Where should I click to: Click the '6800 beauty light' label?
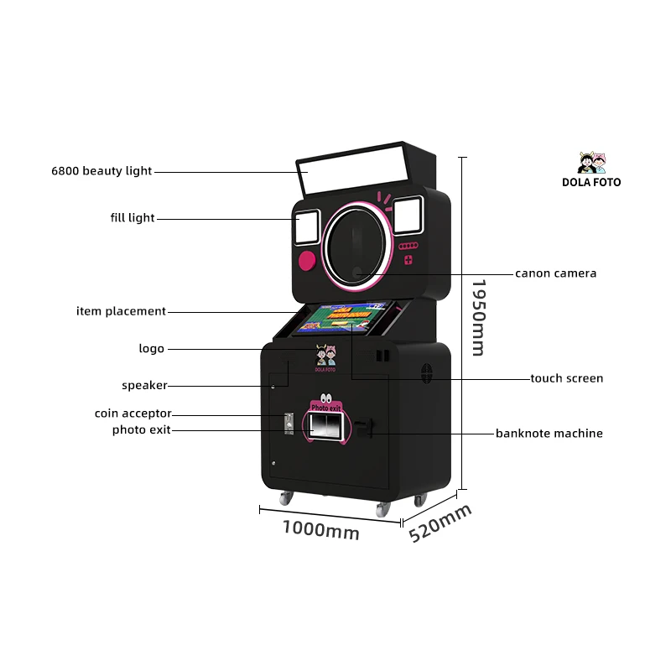101,171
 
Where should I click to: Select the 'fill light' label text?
133,218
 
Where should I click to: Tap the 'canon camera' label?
555,273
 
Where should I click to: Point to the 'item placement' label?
121,311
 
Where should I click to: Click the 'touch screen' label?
566,378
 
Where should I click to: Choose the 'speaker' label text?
144,386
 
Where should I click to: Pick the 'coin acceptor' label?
133,414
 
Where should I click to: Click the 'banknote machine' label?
549,434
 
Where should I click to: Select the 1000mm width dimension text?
320,529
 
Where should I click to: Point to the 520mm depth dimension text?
440,523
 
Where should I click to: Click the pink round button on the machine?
308,261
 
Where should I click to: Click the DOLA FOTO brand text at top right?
591,182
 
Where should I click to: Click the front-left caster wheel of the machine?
286,497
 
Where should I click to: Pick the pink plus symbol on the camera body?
408,260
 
